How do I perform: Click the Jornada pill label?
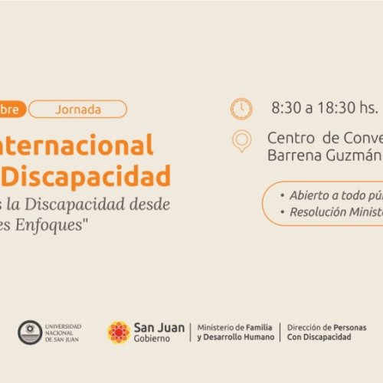pos(77,109)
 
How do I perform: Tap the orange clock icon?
pos(241,109)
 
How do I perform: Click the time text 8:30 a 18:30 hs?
pos(325,108)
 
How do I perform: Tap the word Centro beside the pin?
pos(291,137)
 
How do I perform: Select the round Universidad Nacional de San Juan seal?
pos(30,332)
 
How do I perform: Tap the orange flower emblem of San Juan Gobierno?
pos(119,332)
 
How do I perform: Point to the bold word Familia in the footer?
pos(255,327)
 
